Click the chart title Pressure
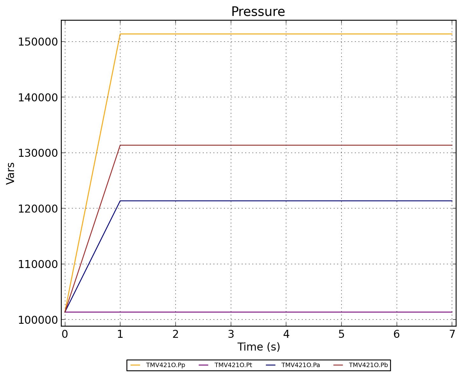[x=258, y=12]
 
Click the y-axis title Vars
[x=11, y=173]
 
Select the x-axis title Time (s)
[x=259, y=347]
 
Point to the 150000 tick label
[x=38, y=42]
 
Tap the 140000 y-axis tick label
[x=38, y=97]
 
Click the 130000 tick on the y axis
[x=38, y=153]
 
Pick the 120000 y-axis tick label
[x=38, y=208]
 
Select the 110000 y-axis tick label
[x=38, y=264]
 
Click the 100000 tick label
[x=38, y=320]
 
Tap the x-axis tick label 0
[x=65, y=334]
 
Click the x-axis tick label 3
[x=231, y=334]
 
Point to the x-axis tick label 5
[x=341, y=334]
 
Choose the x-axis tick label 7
[x=452, y=334]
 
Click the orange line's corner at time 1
[x=120, y=34]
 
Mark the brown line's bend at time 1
[x=120, y=145]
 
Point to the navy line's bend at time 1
[x=120, y=201]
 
